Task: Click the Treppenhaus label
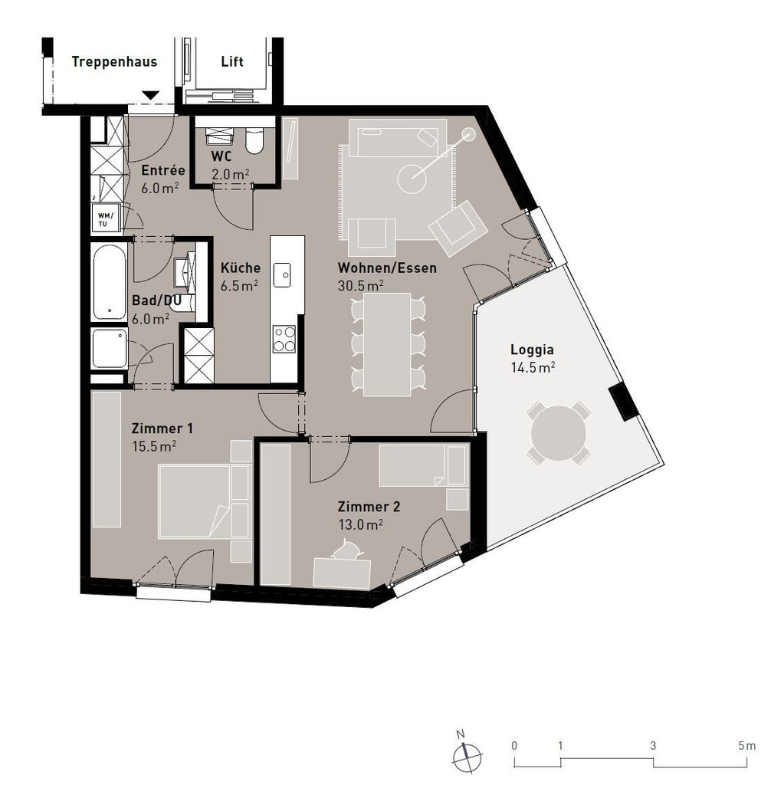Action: click(114, 62)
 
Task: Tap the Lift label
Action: click(231, 61)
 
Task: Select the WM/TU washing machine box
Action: click(106, 218)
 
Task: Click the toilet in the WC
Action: click(254, 141)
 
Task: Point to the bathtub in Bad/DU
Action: click(109, 282)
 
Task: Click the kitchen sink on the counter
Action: click(282, 275)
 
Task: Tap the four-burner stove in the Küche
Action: click(284, 339)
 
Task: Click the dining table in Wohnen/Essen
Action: click(387, 344)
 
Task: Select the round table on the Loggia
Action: click(558, 433)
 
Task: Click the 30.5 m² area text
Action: click(360, 286)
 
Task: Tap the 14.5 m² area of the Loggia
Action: click(533, 367)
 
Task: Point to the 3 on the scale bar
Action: click(653, 746)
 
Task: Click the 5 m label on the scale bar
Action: click(747, 746)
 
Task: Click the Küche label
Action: click(241, 268)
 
